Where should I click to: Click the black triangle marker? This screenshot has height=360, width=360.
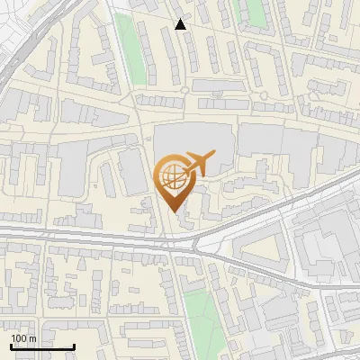181,24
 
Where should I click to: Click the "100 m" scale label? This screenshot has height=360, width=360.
23,338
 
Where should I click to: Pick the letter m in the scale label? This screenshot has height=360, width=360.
33,338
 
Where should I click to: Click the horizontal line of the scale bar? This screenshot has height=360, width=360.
42,346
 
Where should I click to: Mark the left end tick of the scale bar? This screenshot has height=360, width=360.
11,345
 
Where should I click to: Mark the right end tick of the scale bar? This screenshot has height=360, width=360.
74,345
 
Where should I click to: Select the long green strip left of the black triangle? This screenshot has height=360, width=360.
132,49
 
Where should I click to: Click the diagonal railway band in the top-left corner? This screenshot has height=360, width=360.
27,45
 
